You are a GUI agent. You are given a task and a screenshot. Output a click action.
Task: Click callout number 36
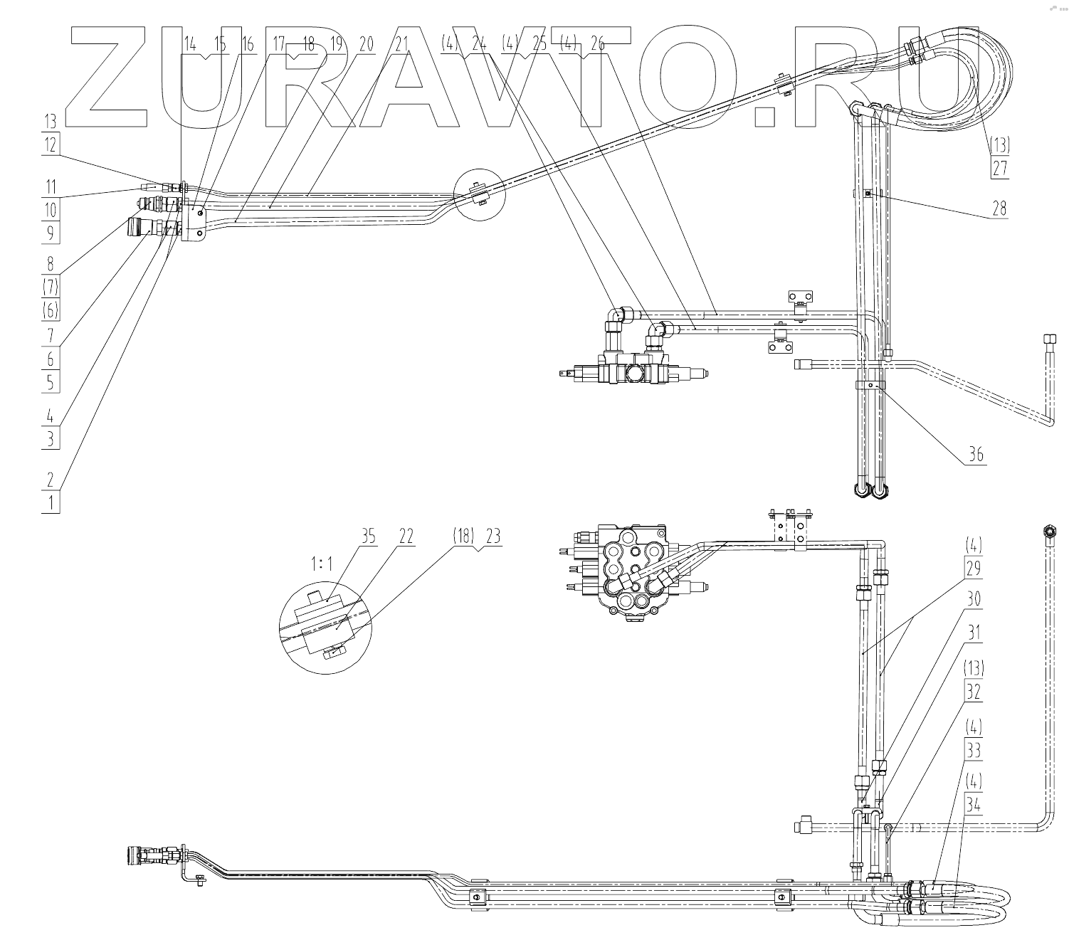click(976, 454)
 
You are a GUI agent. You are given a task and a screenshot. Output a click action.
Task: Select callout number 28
click(1000, 208)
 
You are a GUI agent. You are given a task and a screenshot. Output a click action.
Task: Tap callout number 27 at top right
click(1000, 169)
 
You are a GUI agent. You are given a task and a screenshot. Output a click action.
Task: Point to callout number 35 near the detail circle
click(368, 537)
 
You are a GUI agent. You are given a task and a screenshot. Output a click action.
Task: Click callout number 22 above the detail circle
click(406, 537)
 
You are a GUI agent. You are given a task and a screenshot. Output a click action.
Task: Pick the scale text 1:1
click(321, 564)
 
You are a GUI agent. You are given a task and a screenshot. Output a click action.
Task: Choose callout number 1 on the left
click(51, 503)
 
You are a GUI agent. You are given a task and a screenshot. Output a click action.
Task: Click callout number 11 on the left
click(51, 188)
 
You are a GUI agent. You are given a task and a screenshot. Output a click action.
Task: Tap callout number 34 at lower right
click(973, 804)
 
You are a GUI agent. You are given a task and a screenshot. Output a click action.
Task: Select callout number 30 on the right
click(973, 599)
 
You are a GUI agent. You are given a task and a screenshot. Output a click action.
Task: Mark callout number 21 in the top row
click(401, 44)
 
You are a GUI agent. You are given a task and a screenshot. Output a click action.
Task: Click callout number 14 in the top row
click(190, 44)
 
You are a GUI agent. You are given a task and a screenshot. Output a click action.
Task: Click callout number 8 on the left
click(51, 264)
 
